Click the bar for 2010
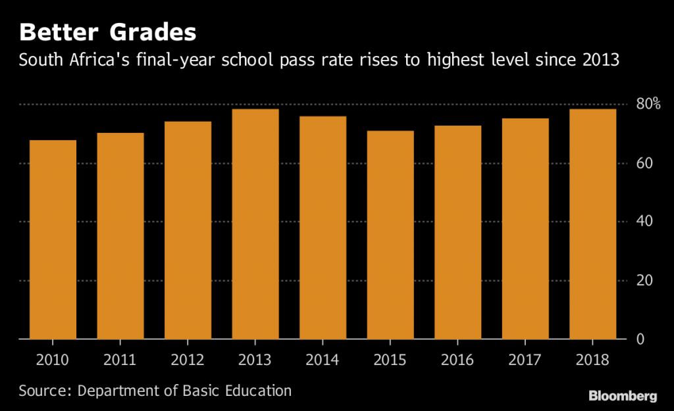tap(53, 240)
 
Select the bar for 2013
tap(255, 224)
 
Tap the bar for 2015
tap(390, 235)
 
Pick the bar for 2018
tap(592, 224)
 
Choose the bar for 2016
tap(457, 232)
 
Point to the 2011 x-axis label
tap(120, 360)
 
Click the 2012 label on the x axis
tap(188, 360)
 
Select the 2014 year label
tap(323, 360)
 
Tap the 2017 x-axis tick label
tap(525, 360)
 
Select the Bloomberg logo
tap(622, 396)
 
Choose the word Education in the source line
tap(257, 391)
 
